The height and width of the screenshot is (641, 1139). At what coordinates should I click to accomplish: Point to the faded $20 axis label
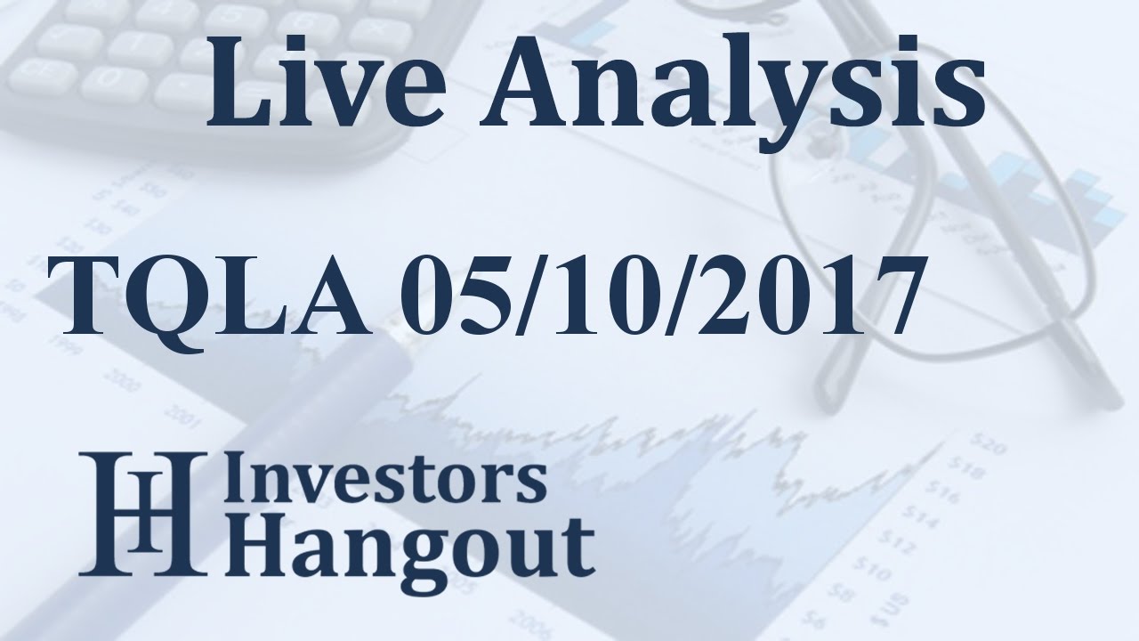tap(989, 441)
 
